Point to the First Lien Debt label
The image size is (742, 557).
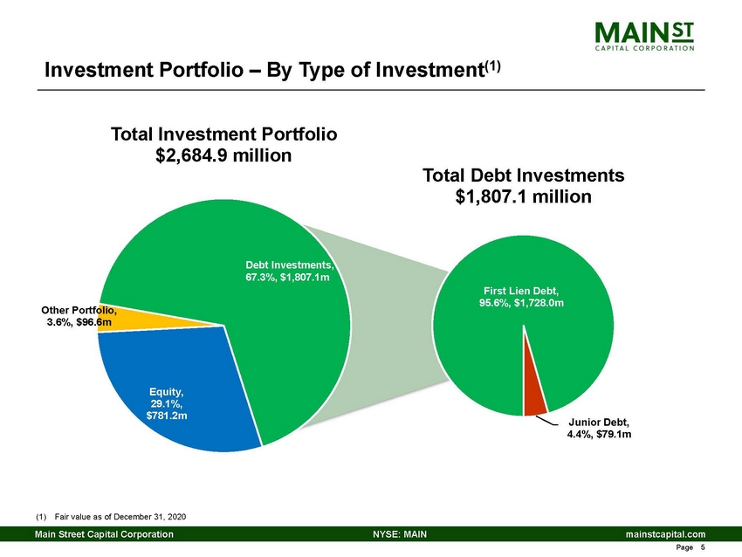coord(523,296)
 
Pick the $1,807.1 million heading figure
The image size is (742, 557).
coord(523,197)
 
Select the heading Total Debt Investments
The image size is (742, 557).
coord(523,175)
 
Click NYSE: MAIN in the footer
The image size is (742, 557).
coord(399,533)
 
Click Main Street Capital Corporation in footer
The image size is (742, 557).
coord(103,533)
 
